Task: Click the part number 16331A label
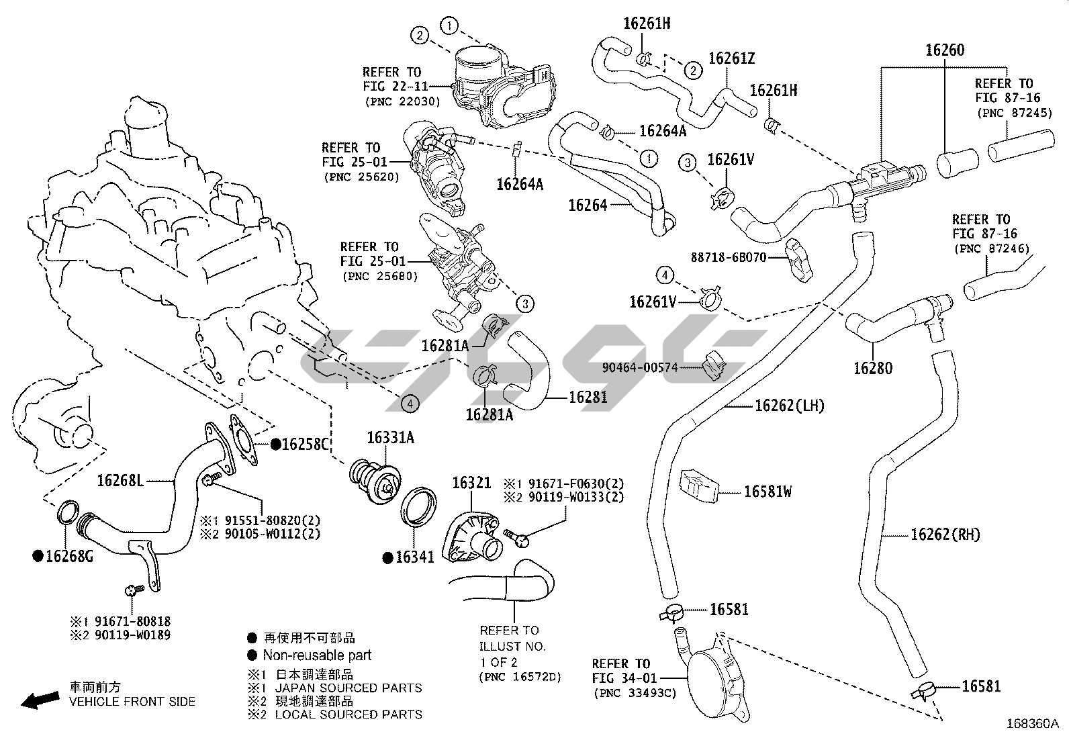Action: pos(390,439)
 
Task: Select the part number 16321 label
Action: pos(471,483)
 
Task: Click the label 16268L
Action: pos(121,480)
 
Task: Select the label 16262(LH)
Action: pos(790,406)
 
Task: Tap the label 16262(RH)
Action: pos(945,535)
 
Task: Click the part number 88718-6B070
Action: pos(729,257)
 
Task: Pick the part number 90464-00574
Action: pos(640,367)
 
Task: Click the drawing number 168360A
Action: pos(1032,724)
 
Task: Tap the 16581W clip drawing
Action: pos(699,485)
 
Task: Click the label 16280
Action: pos(873,368)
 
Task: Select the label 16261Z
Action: pos(731,58)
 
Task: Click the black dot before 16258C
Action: pos(275,445)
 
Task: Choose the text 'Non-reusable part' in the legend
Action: pos(317,655)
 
